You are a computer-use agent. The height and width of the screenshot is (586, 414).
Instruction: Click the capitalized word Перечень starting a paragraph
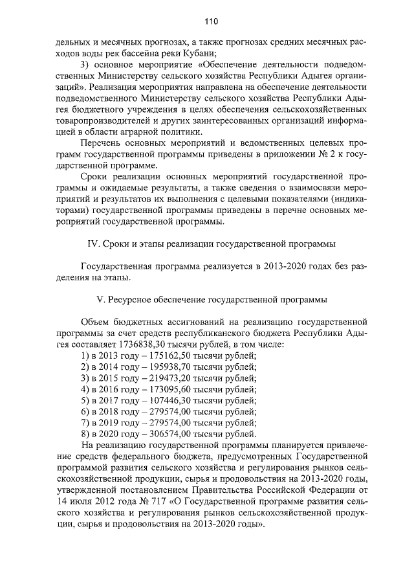pos(100,142)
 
